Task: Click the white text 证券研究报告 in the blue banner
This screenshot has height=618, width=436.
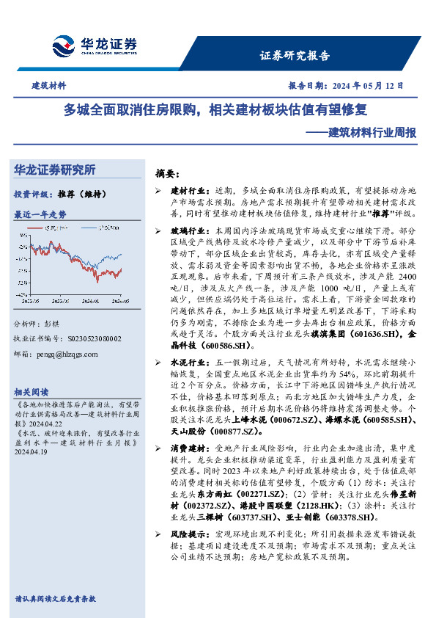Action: pos(295,56)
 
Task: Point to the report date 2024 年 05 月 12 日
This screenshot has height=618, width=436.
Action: pos(368,86)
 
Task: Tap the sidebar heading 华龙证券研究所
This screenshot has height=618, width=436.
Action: pos(55,170)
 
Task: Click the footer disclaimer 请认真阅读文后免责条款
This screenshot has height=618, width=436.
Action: pos(56,599)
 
